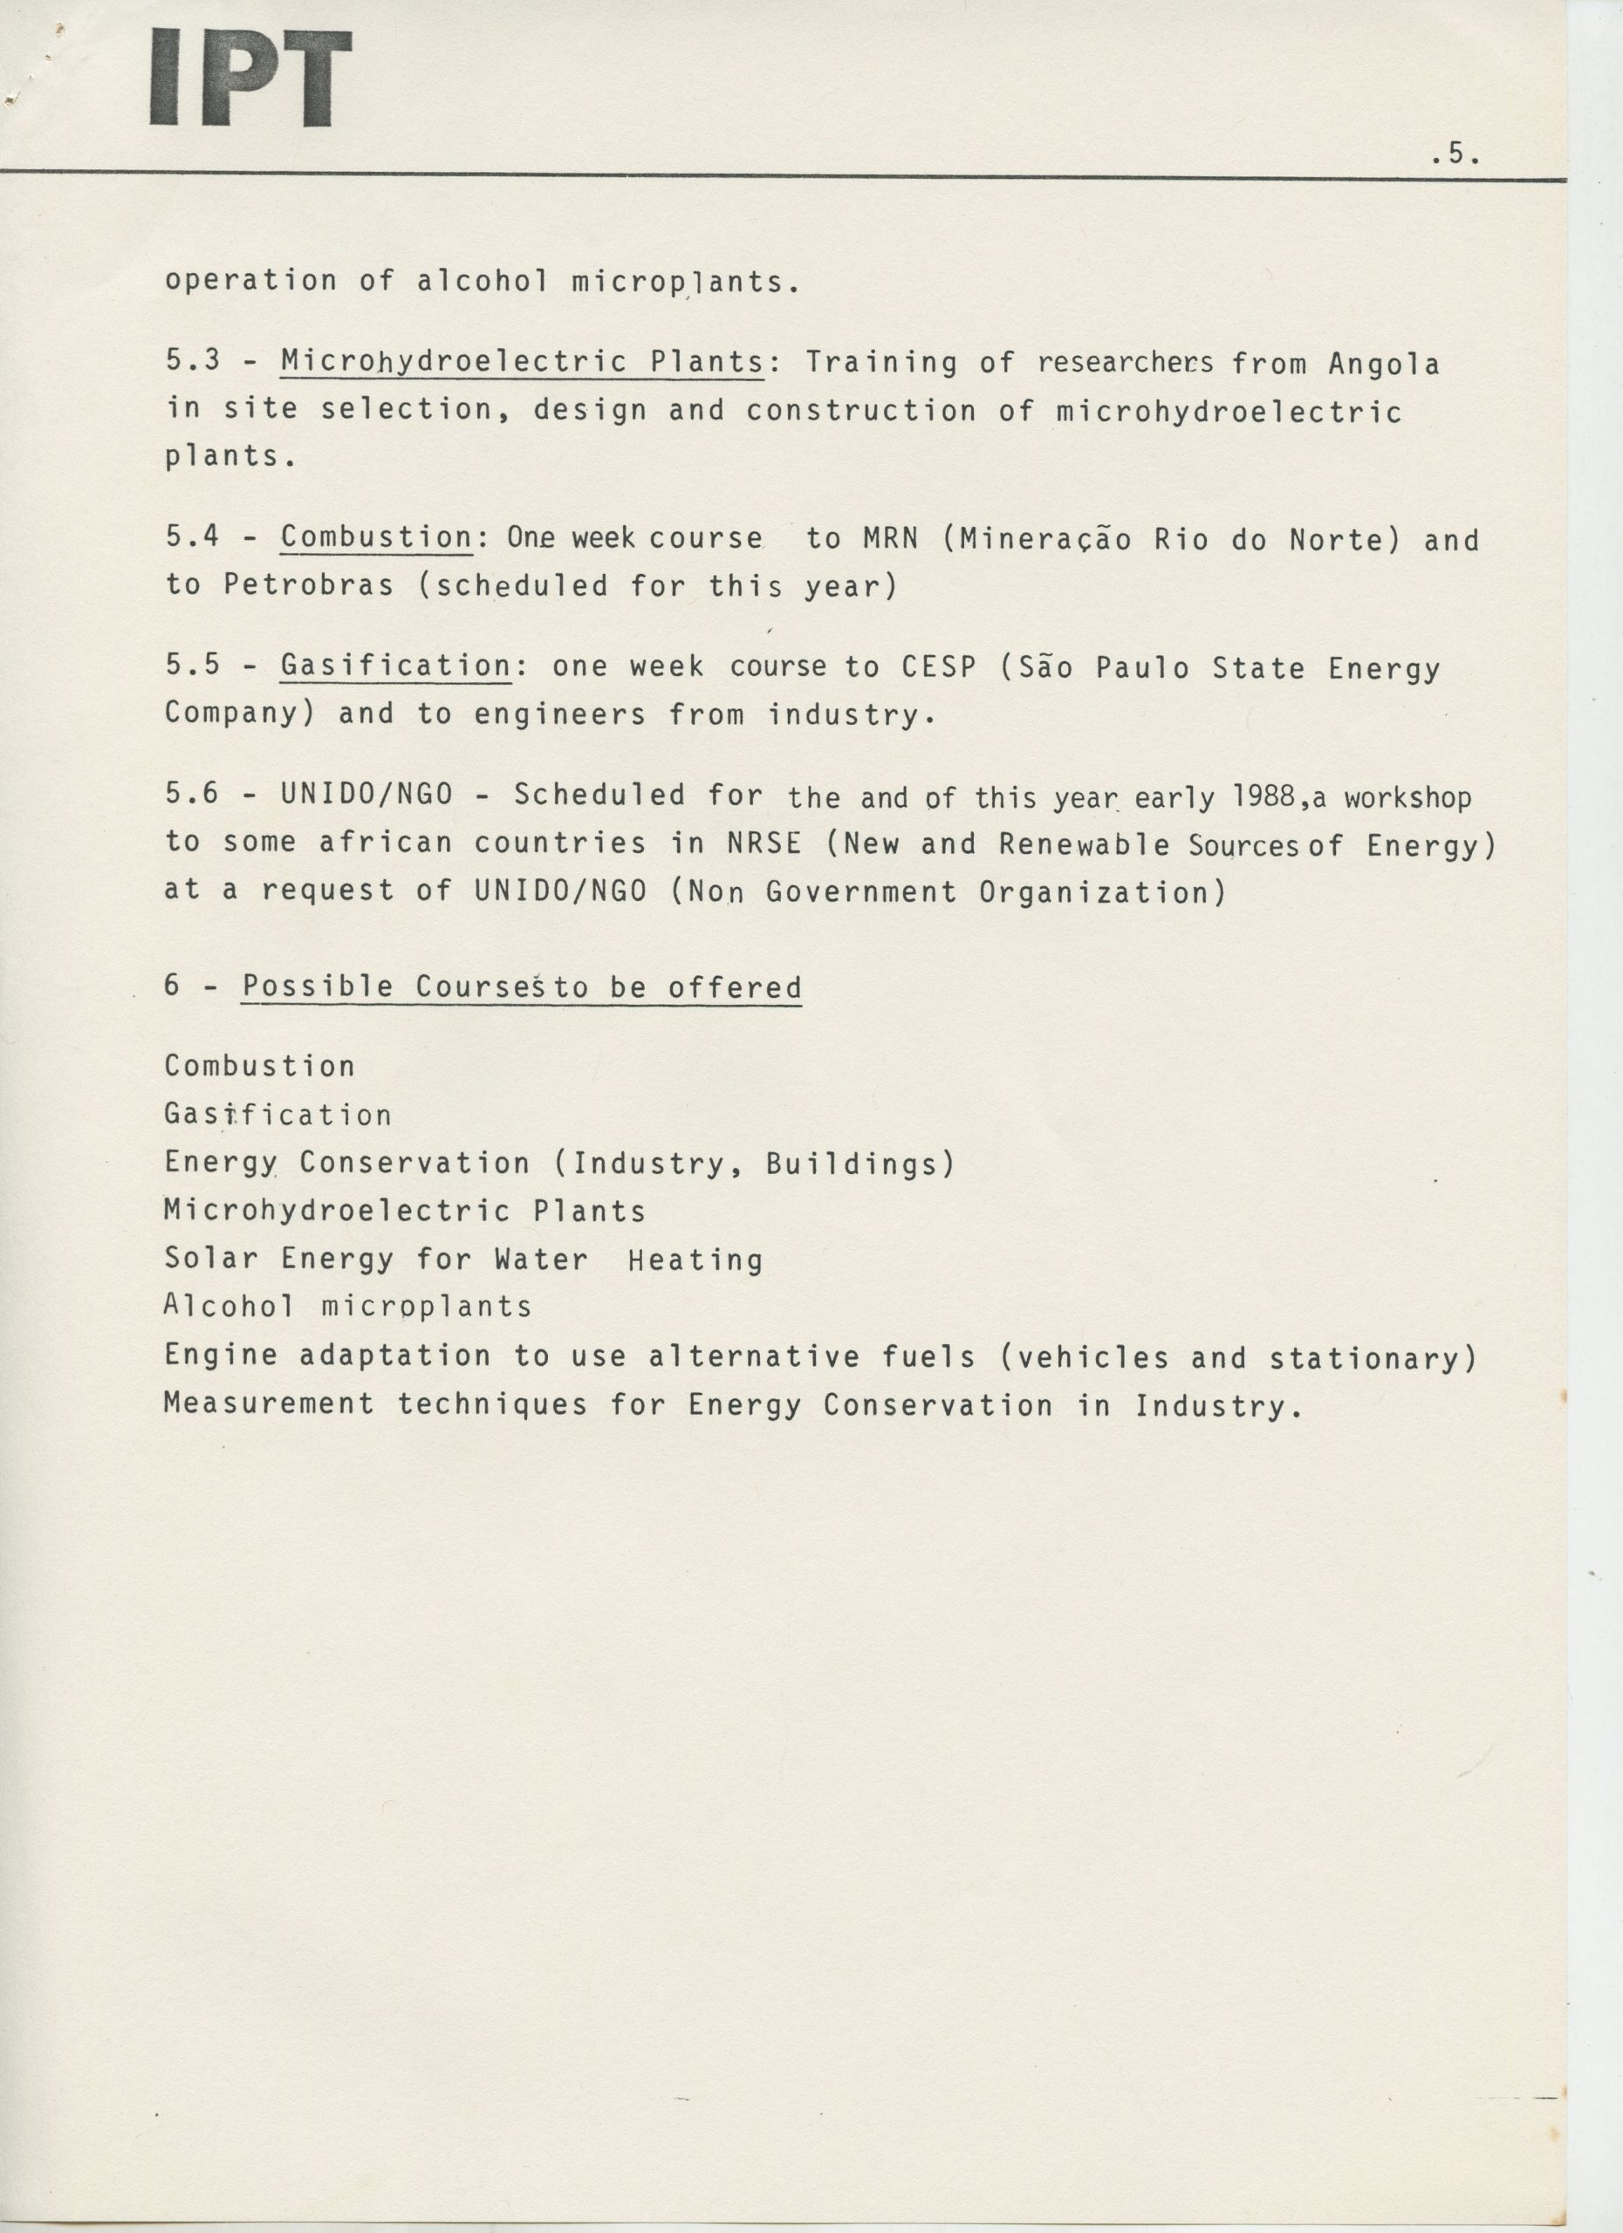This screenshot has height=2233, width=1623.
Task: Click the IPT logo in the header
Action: [x=251, y=79]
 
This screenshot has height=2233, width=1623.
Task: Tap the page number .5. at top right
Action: [x=1455, y=154]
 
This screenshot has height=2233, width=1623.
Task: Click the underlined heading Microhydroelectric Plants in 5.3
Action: [x=522, y=362]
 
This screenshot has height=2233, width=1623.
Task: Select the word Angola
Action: [x=1383, y=365]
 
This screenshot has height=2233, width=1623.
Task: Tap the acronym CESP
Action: [x=939, y=667]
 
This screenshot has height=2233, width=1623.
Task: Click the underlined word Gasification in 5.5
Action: [x=395, y=666]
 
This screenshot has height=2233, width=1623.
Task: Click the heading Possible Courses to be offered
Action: [x=521, y=987]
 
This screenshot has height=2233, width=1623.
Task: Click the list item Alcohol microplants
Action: [x=347, y=1307]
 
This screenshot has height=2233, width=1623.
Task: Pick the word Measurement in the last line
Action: [x=269, y=1404]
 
